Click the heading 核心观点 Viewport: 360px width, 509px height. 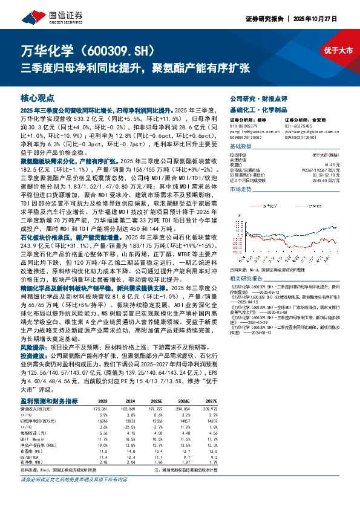coord(38,98)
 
